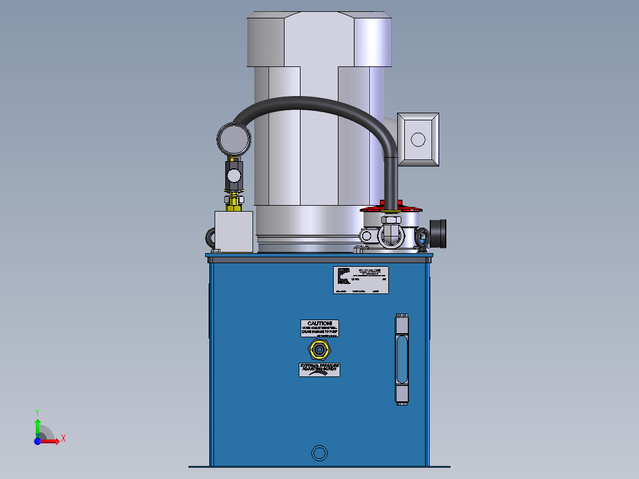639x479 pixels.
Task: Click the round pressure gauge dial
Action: pyautogui.click(x=234, y=139)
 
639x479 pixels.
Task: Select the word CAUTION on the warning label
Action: pyautogui.click(x=319, y=322)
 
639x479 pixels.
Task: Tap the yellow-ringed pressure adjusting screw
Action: pyautogui.click(x=319, y=350)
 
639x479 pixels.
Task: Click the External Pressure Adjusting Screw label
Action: pyautogui.click(x=319, y=369)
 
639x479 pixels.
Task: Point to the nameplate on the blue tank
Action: pyautogui.click(x=360, y=280)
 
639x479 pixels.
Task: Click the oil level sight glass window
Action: pyautogui.click(x=401, y=359)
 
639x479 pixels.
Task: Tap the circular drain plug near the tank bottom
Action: pyautogui.click(x=319, y=454)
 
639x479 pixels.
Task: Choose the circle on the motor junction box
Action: pyautogui.click(x=418, y=140)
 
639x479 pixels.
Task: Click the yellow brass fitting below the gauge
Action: pyautogui.click(x=234, y=202)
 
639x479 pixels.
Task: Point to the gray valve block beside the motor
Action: pyautogui.click(x=234, y=231)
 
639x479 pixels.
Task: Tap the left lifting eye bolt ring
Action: pyautogui.click(x=212, y=238)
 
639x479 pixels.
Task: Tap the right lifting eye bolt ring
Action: pyautogui.click(x=422, y=239)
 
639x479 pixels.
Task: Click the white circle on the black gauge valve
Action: pyautogui.click(x=234, y=175)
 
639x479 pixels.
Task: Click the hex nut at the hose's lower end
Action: pyautogui.click(x=391, y=221)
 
